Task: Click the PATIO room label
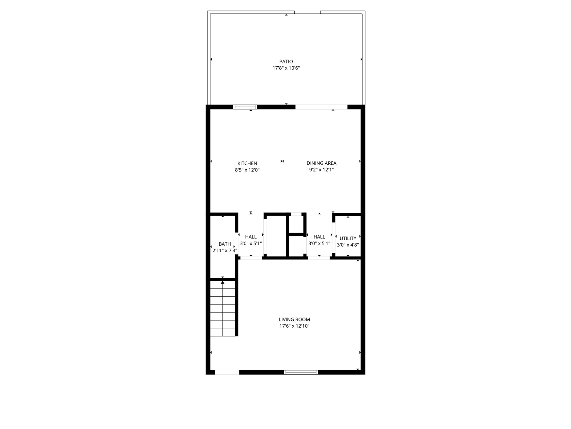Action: [286, 61]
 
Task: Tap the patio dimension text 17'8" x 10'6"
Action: [286, 68]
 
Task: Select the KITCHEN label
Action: [247, 163]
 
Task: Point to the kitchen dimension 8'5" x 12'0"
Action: [247, 170]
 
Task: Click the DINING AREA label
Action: [321, 163]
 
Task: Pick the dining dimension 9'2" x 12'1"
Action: [321, 170]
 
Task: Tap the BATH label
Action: [225, 244]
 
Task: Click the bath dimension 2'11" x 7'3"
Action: [225, 251]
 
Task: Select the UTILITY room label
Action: [348, 239]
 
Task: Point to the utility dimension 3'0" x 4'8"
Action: [348, 245]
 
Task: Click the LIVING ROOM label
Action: [294, 320]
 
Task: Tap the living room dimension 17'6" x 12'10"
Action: [294, 326]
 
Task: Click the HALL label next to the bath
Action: [251, 237]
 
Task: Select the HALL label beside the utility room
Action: [319, 237]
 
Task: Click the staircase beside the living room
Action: [223, 308]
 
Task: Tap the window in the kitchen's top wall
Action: [245, 107]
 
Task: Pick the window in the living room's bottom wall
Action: [301, 372]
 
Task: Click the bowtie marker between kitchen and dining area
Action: [282, 161]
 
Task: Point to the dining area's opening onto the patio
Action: [321, 107]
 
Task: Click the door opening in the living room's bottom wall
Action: [227, 372]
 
